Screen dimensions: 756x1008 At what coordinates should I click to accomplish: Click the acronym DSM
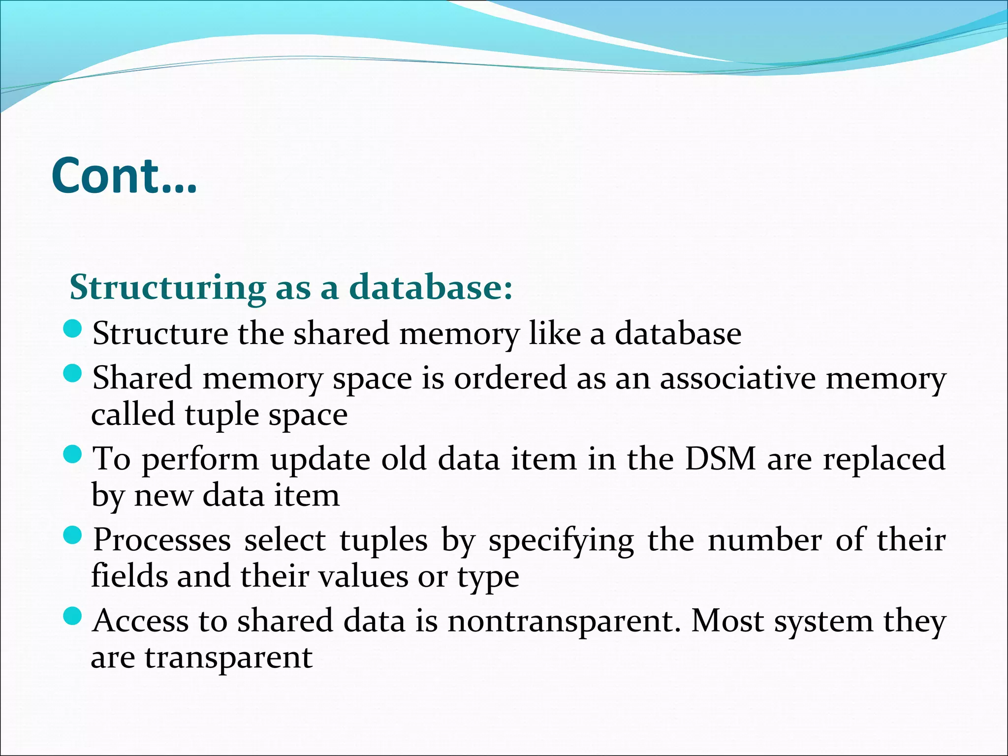(x=720, y=459)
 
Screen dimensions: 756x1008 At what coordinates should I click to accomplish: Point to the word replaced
(x=884, y=459)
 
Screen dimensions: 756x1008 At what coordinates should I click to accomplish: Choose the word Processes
(x=162, y=540)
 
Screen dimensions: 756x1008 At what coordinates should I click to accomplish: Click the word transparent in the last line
(x=228, y=658)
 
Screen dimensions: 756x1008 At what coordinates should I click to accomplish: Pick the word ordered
(x=510, y=378)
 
